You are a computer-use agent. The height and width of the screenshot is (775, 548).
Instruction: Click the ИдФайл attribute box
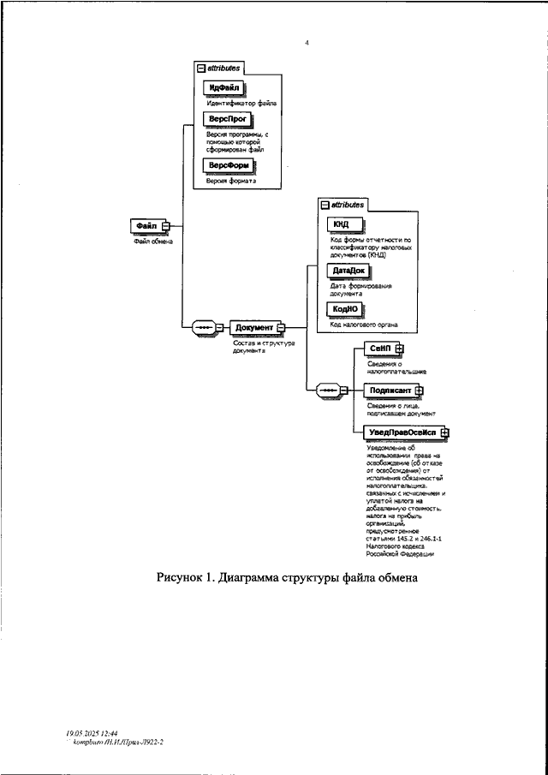223,88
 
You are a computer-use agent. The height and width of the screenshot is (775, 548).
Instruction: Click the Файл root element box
146,225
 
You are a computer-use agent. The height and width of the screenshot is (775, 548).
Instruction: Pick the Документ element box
253,327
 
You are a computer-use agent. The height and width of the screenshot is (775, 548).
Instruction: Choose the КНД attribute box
342,224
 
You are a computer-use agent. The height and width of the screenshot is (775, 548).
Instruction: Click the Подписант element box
390,390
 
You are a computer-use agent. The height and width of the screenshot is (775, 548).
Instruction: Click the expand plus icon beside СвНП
399,349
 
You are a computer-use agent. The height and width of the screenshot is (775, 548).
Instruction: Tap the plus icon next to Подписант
419,390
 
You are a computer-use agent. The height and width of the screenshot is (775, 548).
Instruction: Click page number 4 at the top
307,42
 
